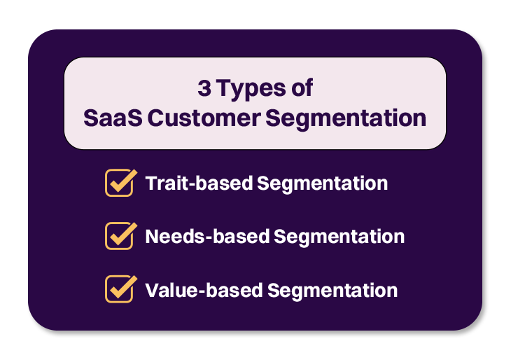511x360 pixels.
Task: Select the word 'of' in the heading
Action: (x=299, y=90)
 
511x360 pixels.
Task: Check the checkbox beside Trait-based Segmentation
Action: (x=118, y=184)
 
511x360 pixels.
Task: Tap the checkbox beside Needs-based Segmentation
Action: (x=118, y=236)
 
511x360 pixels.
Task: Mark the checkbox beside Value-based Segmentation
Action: (x=118, y=289)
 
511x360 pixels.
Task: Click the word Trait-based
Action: (x=198, y=184)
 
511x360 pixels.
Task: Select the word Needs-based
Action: (x=206, y=236)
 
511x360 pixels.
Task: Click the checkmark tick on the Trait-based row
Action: (x=122, y=181)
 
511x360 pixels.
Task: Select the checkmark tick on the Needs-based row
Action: (x=122, y=233)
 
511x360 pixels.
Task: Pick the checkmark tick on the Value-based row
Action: (x=122, y=286)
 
